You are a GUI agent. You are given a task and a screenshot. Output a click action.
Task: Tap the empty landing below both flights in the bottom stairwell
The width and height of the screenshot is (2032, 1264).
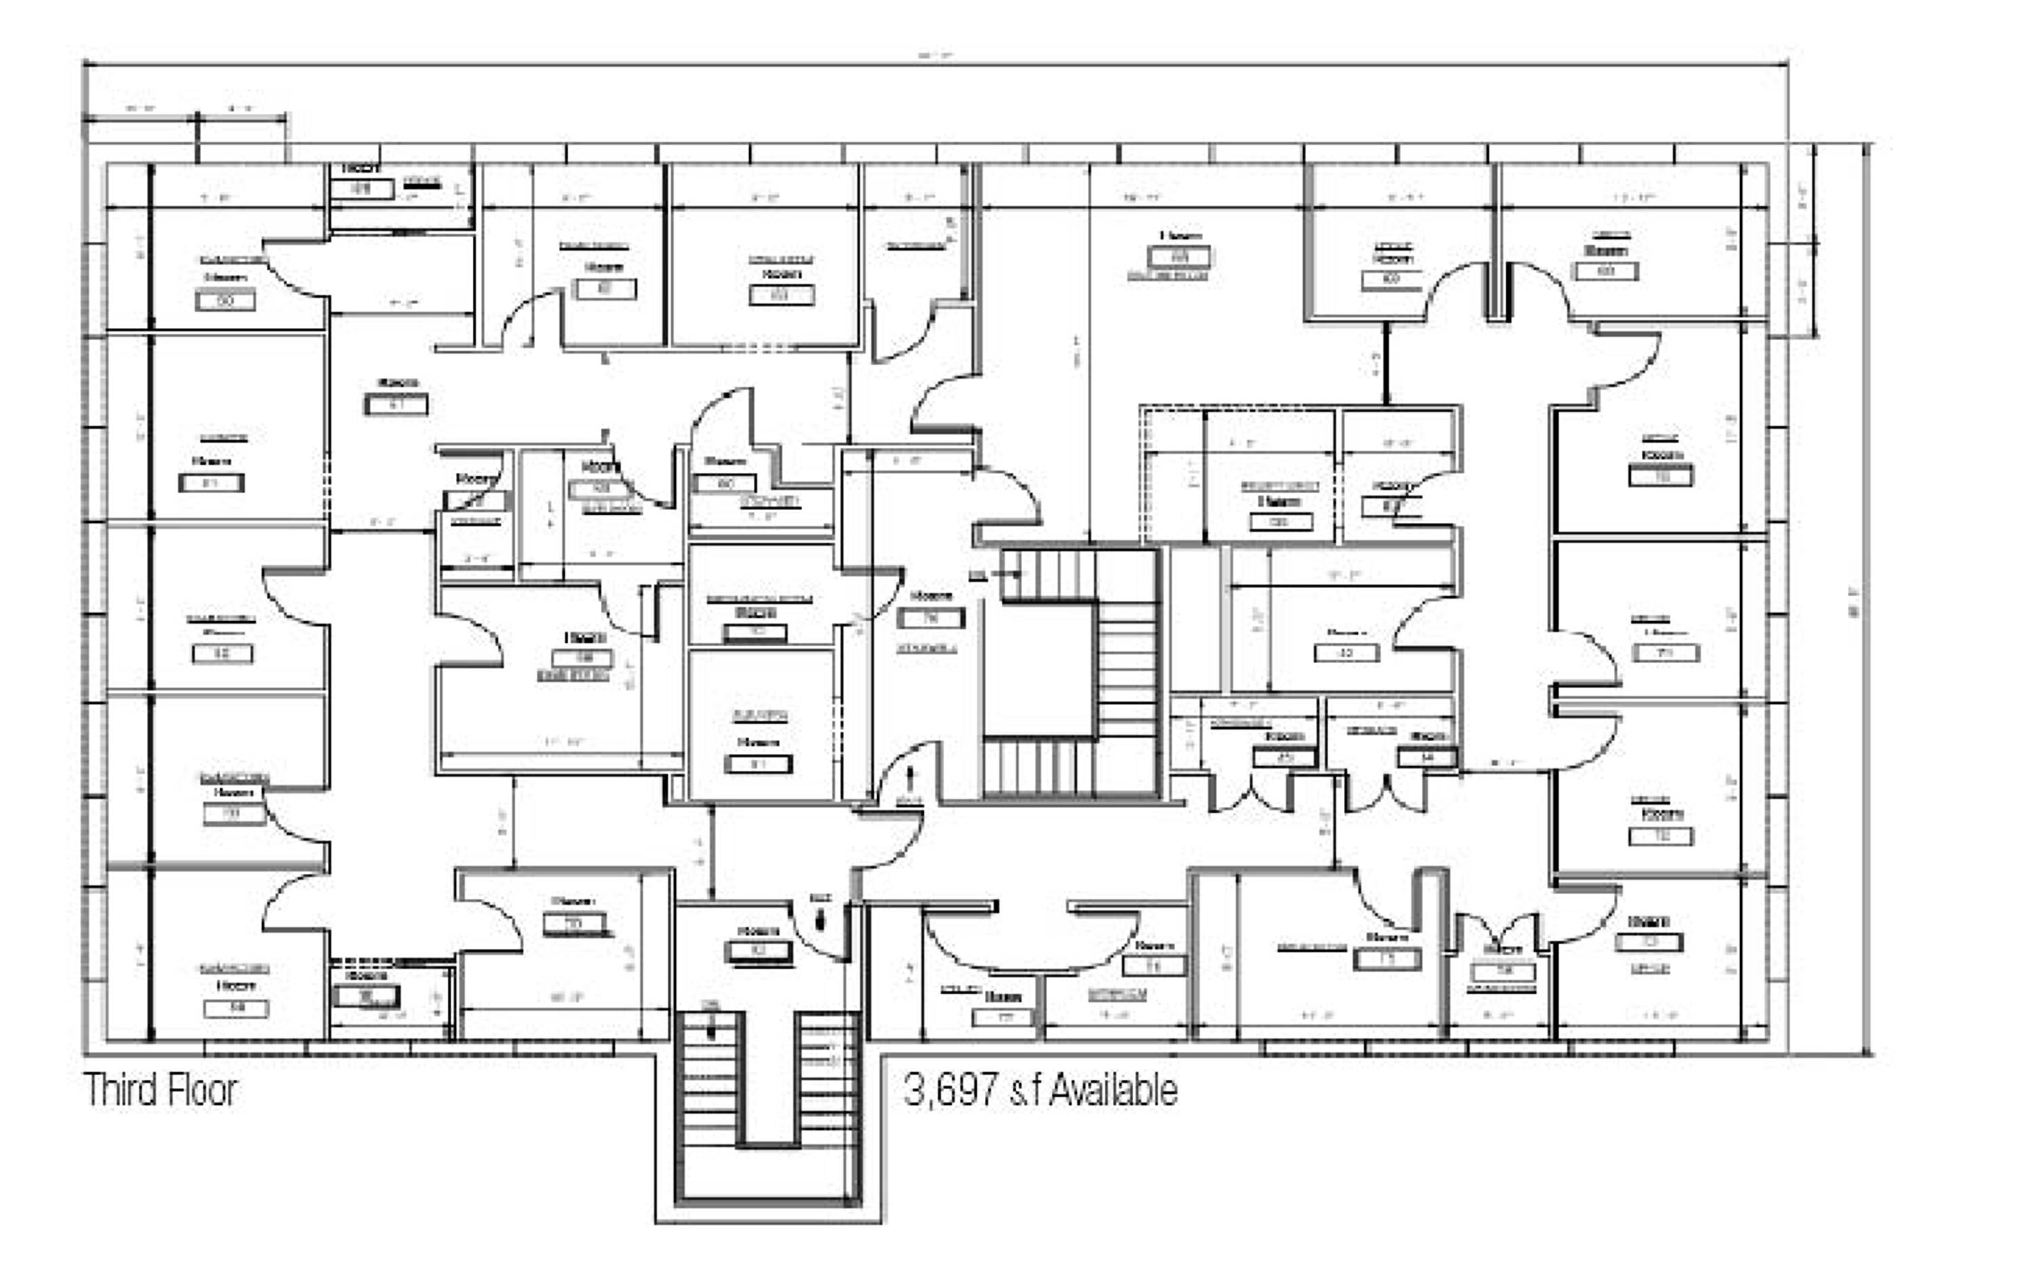click(x=767, y=1175)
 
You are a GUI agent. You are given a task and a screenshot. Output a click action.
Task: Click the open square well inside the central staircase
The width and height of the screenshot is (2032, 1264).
click(x=1039, y=669)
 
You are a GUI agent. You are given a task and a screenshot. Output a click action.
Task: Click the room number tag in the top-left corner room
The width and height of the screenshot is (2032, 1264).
click(x=225, y=300)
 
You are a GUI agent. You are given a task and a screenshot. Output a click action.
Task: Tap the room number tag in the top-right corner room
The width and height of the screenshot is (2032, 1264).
click(x=1606, y=271)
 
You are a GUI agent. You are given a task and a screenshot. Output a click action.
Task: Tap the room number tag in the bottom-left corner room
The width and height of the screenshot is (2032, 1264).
click(x=236, y=1008)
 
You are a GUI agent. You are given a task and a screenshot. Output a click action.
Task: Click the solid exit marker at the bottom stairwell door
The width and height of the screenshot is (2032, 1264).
click(x=820, y=920)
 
